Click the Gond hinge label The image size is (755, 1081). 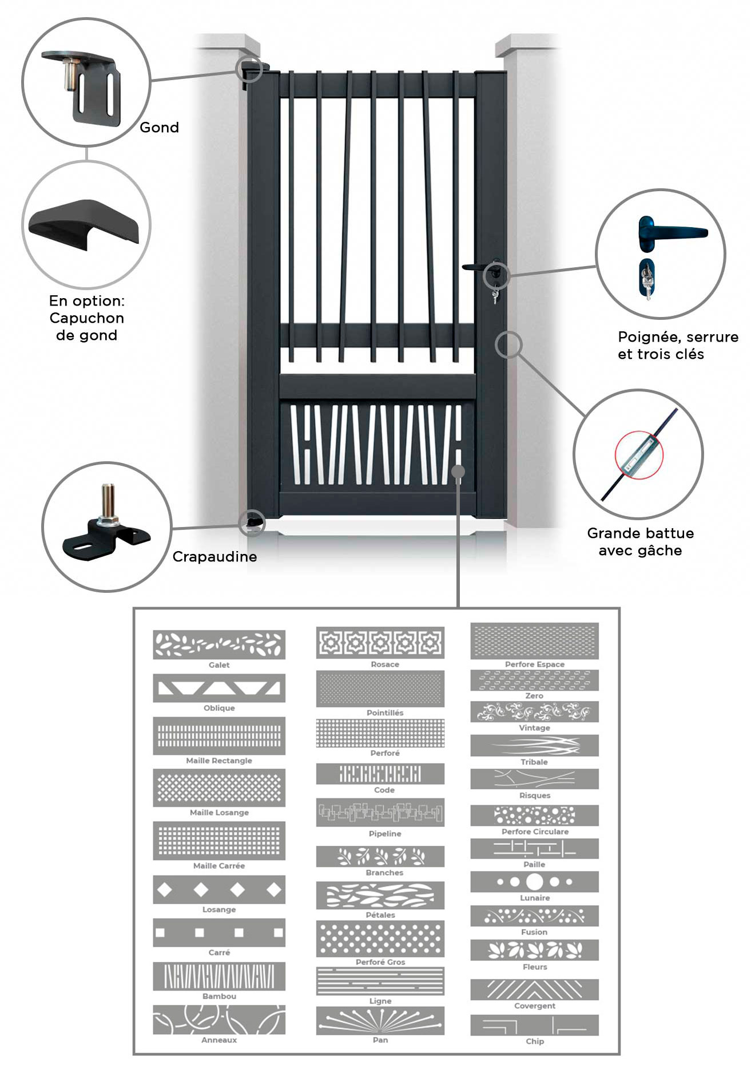159,128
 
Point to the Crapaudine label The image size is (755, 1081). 214,557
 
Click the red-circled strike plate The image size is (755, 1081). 639,456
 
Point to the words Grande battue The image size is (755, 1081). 640,533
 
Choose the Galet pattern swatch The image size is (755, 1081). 219,645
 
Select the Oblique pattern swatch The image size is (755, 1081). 219,688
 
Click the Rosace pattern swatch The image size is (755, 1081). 380,643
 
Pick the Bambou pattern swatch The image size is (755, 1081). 219,976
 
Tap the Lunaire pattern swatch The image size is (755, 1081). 535,882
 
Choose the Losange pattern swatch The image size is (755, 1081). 219,890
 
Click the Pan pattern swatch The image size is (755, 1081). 380,1021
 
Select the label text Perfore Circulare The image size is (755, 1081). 535,831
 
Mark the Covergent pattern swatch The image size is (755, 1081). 535,989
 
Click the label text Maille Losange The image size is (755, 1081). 219,813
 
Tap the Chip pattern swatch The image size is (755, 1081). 535,1025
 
